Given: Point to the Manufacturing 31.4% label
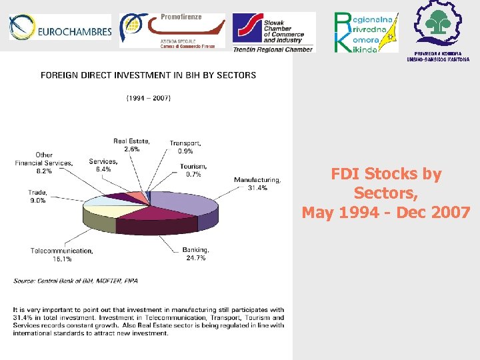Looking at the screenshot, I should (x=257, y=184).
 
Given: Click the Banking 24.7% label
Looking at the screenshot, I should (x=195, y=254).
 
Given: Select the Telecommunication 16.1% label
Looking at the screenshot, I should (x=61, y=255).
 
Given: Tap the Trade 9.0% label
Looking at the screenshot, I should (x=37, y=197).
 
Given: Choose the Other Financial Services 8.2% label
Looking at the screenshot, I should (x=44, y=163).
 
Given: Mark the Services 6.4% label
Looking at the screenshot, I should (x=103, y=165).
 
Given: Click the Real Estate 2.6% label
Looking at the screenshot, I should (x=131, y=145).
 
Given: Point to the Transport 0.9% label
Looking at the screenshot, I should (x=185, y=147).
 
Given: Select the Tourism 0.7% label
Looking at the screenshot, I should (x=193, y=170).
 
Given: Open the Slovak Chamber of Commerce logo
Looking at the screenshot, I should (x=272, y=31).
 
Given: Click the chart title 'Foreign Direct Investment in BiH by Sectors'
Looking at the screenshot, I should (x=148, y=75).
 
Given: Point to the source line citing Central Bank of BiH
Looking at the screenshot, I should (x=75, y=281).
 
